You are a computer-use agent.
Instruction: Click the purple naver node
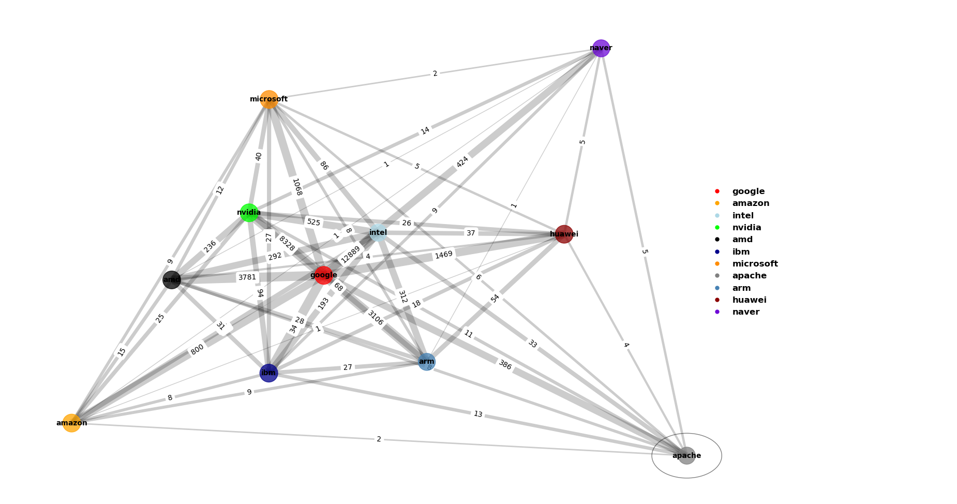(x=601, y=48)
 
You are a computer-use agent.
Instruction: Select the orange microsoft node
(x=269, y=99)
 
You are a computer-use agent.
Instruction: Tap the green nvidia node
(x=249, y=213)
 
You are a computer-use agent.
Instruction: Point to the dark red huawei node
(x=564, y=234)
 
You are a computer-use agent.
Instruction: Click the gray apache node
(x=686, y=455)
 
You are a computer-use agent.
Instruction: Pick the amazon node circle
(x=71, y=423)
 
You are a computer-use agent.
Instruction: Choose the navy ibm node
(x=268, y=373)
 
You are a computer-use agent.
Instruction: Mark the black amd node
(x=172, y=280)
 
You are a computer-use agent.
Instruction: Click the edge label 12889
(x=350, y=254)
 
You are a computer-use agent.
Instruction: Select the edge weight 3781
(x=247, y=277)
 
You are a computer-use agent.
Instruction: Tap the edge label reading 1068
(x=297, y=187)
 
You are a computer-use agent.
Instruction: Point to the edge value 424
(x=462, y=162)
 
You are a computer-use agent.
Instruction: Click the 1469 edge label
(x=443, y=255)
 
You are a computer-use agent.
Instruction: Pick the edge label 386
(x=505, y=365)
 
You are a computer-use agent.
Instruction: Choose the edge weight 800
(x=197, y=350)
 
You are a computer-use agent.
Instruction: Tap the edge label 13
(x=477, y=414)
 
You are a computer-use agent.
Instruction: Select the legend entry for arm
(x=741, y=288)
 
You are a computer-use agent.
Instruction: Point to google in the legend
(x=748, y=191)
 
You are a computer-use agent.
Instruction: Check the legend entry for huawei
(x=749, y=300)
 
